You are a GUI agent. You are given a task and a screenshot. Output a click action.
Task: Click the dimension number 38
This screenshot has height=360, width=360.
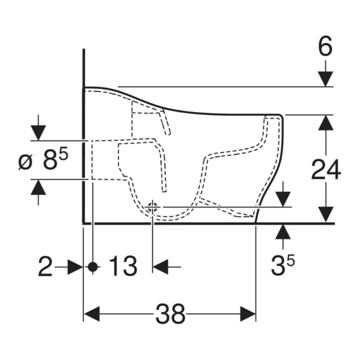click(x=170, y=314)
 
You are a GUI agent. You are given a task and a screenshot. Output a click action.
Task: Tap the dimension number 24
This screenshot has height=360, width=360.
click(x=326, y=169)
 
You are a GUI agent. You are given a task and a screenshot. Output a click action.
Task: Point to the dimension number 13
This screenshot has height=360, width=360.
click(x=123, y=266)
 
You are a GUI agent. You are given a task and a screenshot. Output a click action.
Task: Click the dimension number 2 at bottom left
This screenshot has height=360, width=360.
click(x=45, y=266)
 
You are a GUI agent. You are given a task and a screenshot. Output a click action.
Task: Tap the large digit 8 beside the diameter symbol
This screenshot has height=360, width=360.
click(x=50, y=160)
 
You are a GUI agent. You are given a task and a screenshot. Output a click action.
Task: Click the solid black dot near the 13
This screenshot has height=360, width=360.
click(x=93, y=267)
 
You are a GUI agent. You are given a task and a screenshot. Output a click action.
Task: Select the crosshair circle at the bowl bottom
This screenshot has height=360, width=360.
click(x=152, y=207)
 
